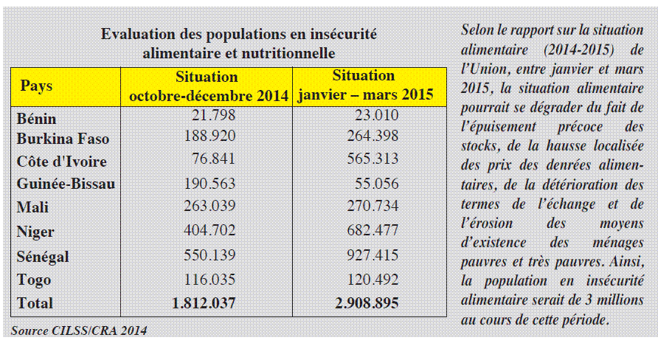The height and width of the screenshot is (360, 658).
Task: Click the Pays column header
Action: [36, 86]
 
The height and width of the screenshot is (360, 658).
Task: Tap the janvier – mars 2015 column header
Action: [365, 85]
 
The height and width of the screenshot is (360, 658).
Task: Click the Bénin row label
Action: [36, 119]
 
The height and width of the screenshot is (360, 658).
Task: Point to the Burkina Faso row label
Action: [63, 139]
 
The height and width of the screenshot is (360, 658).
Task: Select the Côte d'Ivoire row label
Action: [62, 162]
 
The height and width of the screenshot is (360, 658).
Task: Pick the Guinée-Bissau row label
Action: [66, 184]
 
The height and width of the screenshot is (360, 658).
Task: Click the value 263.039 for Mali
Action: [209, 206]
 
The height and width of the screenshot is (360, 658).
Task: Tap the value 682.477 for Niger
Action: [373, 230]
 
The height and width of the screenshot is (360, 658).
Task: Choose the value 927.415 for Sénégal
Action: [373, 255]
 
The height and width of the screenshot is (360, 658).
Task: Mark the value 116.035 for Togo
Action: [209, 280]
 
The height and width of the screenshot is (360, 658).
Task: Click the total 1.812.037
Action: [204, 303]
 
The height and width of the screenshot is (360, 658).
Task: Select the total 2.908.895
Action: [367, 303]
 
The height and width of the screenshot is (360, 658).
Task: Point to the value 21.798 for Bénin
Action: [214, 115]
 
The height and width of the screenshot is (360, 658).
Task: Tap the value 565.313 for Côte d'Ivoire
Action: [373, 159]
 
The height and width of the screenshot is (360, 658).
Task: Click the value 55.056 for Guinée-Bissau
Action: [377, 184]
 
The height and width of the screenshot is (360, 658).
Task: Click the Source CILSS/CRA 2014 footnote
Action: [79, 330]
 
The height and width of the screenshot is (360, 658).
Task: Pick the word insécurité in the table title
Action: [343, 34]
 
